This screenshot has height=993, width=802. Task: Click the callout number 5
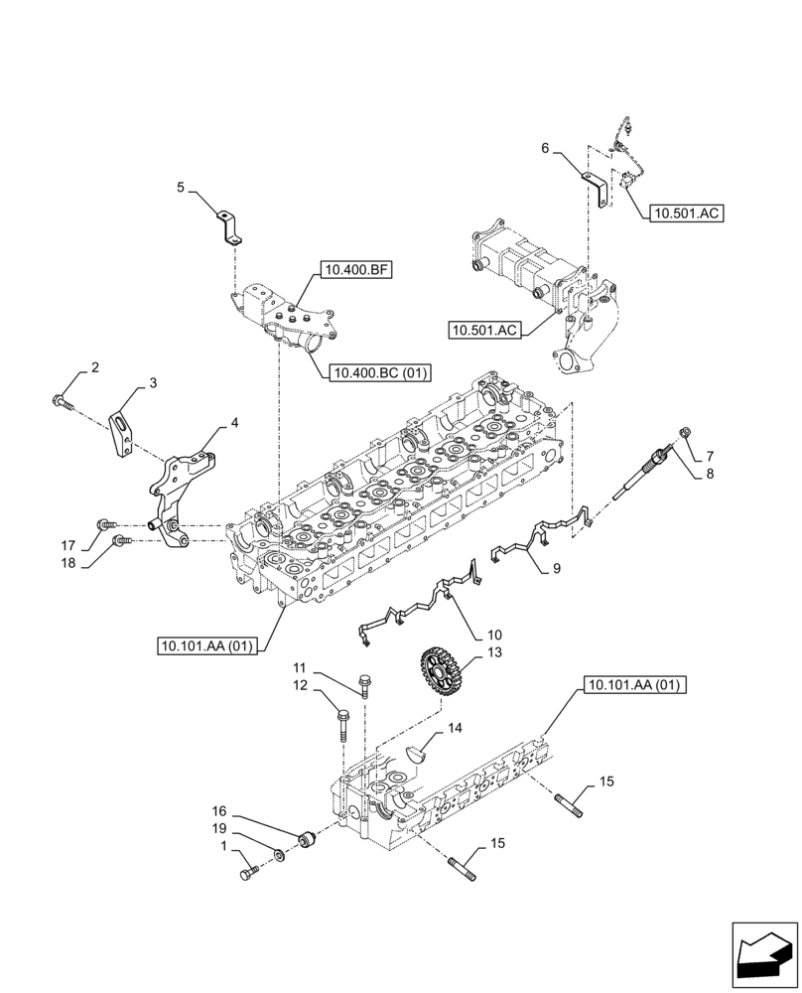pyautogui.click(x=181, y=187)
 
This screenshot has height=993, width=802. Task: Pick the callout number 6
pyautogui.click(x=545, y=148)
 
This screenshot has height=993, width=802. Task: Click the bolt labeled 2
pyautogui.click(x=62, y=401)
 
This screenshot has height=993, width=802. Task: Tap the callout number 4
pyautogui.click(x=234, y=423)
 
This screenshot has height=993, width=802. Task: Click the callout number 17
pyautogui.click(x=67, y=545)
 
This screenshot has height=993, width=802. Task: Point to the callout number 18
pyautogui.click(x=67, y=562)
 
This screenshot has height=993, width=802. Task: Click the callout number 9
pyautogui.click(x=556, y=569)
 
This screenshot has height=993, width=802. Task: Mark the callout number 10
pyautogui.click(x=493, y=635)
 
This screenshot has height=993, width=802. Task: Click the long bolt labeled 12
pyautogui.click(x=342, y=725)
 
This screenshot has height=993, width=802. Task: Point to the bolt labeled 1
pyautogui.click(x=248, y=873)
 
